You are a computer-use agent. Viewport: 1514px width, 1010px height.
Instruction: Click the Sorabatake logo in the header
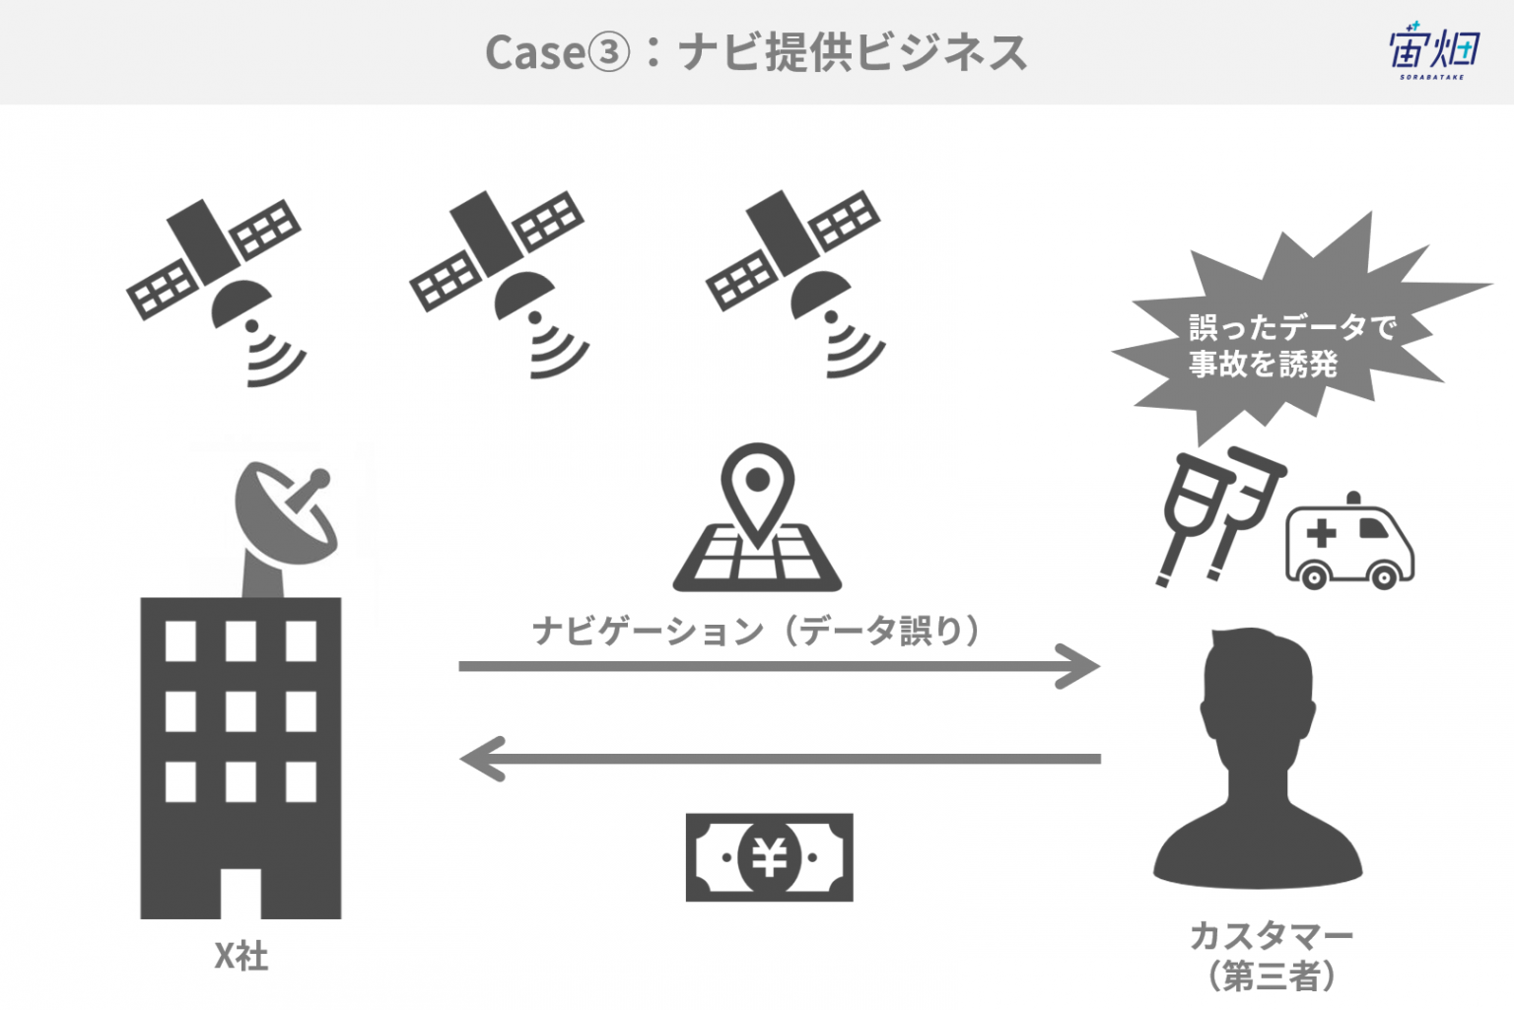tap(1434, 51)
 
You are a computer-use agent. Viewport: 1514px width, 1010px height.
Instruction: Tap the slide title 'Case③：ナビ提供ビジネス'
tap(756, 52)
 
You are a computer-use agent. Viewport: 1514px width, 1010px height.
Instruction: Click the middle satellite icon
tap(498, 285)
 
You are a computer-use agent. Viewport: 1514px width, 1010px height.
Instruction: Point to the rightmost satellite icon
tap(794, 285)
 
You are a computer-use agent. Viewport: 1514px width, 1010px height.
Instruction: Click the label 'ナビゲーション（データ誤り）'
tap(756, 631)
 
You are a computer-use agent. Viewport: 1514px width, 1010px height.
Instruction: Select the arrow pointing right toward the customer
tap(780, 667)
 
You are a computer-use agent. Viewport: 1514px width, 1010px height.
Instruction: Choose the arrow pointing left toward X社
tap(780, 759)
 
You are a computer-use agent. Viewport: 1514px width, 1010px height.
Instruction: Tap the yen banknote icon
tap(769, 857)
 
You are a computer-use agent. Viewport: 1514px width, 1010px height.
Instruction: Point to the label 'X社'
tap(241, 957)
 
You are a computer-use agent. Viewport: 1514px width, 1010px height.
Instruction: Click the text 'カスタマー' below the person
tap(1272, 936)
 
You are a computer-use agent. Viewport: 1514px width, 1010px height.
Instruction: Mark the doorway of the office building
tap(241, 893)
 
